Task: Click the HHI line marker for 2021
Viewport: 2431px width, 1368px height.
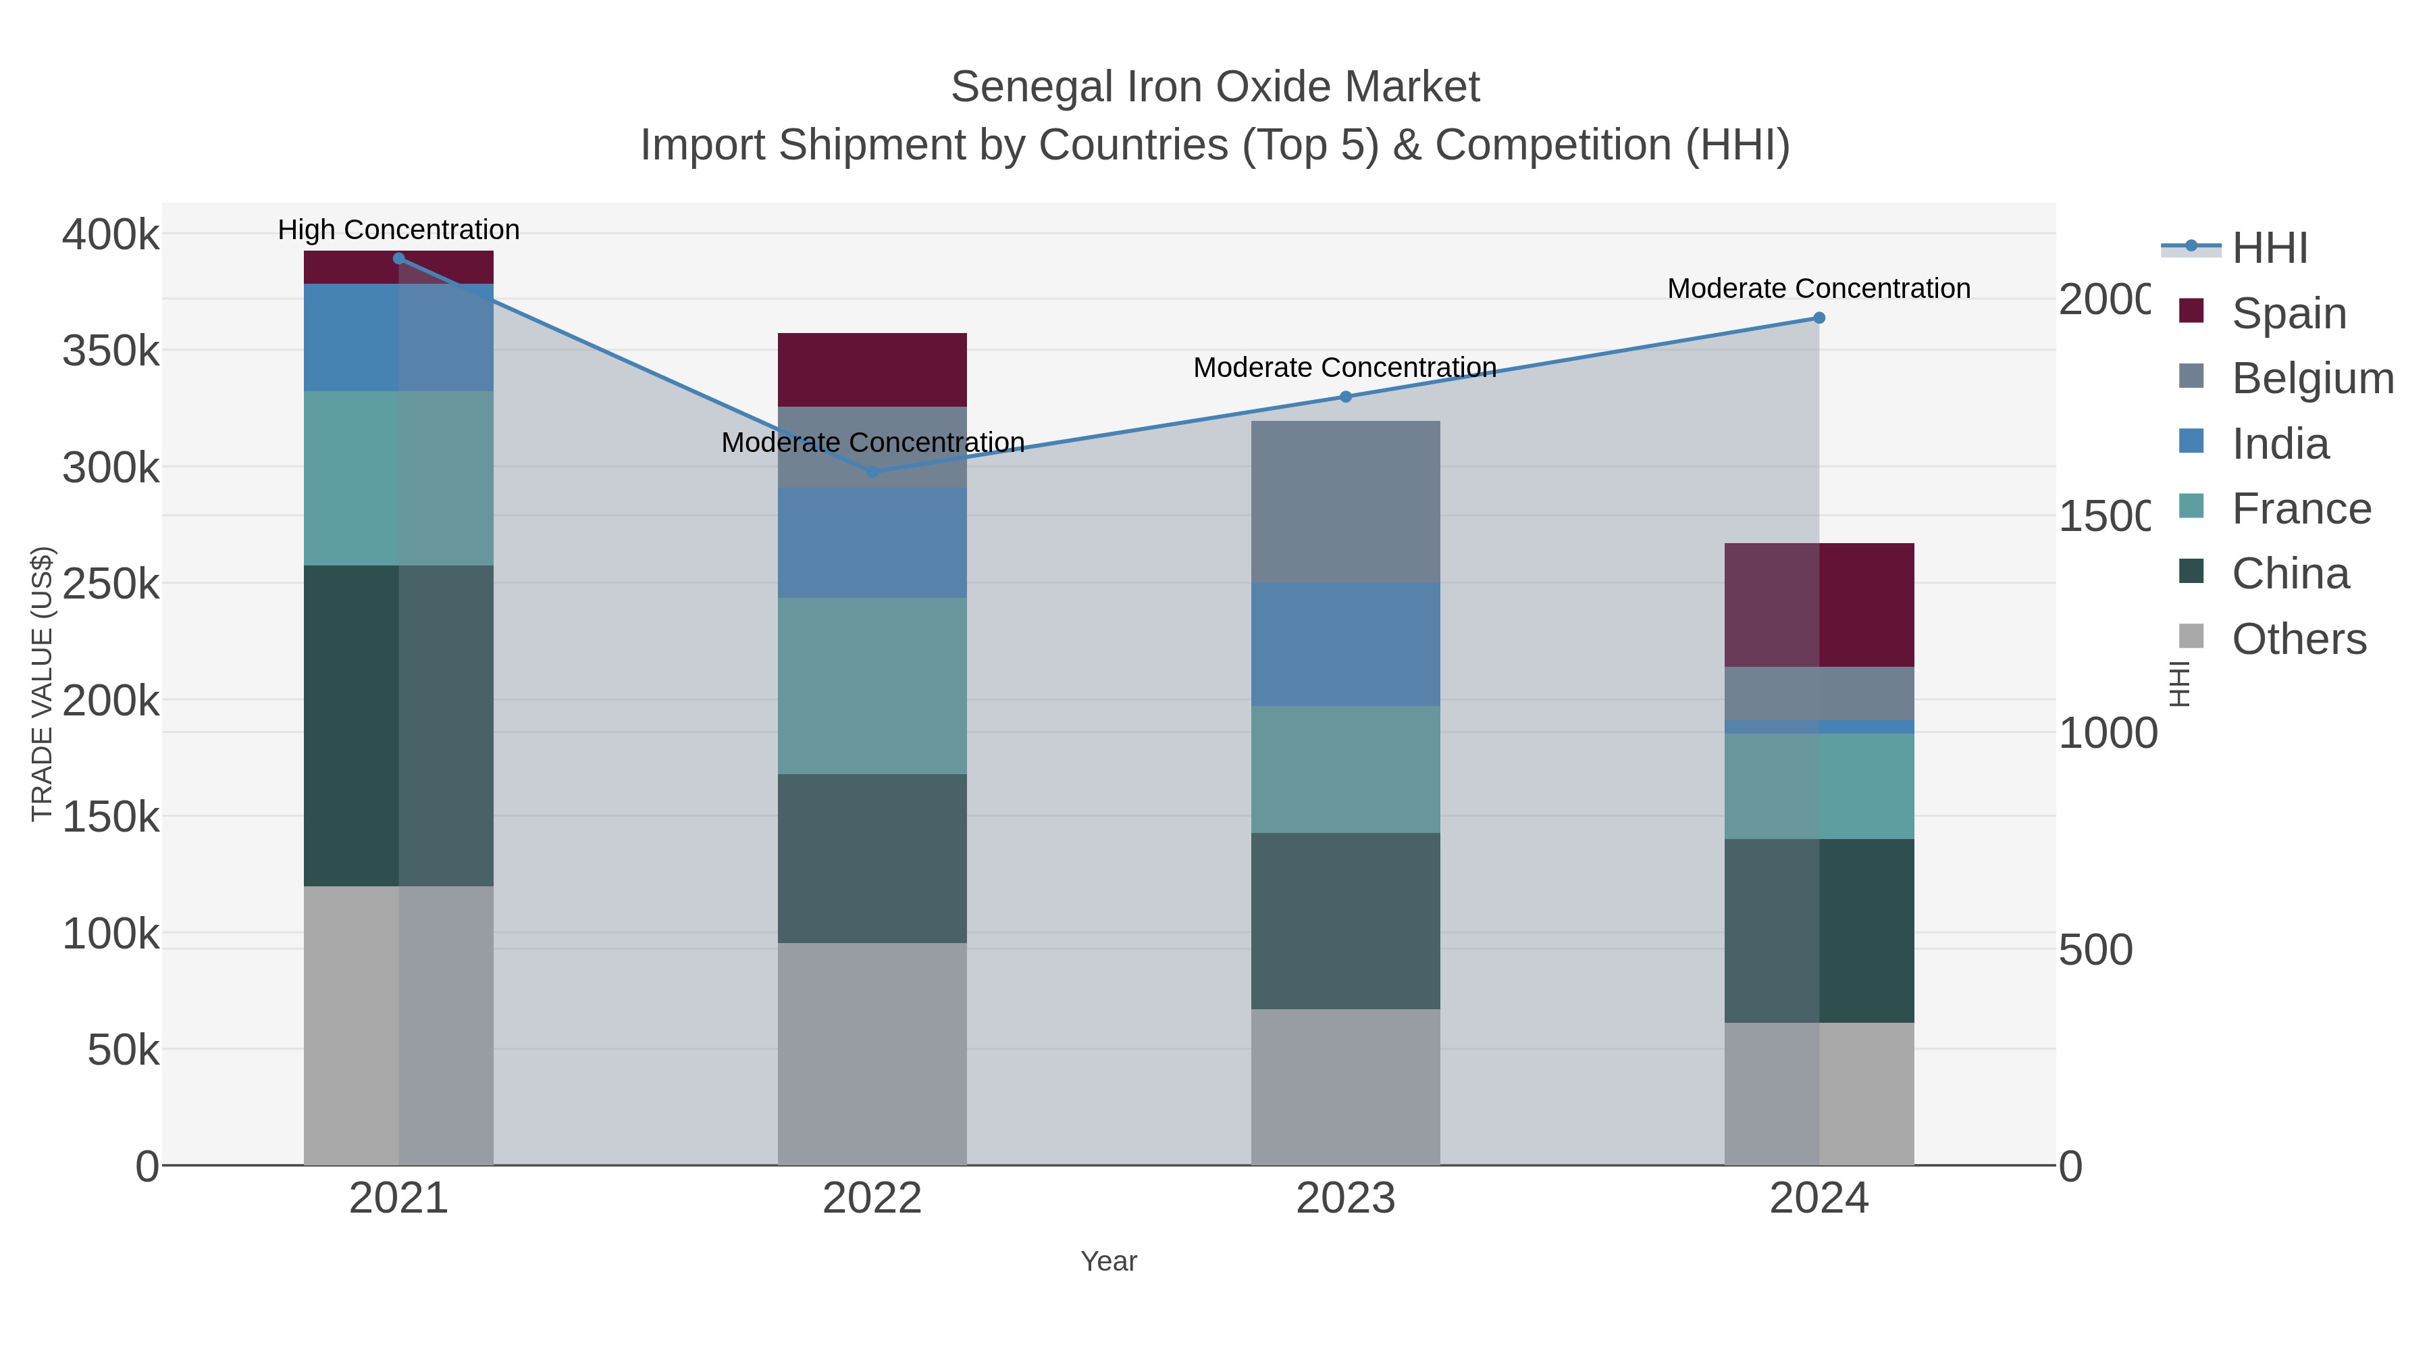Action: [398, 259]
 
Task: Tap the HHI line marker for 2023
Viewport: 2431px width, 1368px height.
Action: [1346, 397]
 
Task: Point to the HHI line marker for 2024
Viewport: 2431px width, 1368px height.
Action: [1819, 318]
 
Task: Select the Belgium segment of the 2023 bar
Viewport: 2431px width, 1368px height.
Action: [1346, 502]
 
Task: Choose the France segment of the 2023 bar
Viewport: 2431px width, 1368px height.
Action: [1346, 769]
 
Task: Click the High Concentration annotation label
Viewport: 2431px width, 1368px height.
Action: [398, 230]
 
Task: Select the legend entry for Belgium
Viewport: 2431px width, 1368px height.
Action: [2312, 378]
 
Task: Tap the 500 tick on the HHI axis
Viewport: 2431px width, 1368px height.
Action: [2095, 951]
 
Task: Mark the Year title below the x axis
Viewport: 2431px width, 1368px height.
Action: [1109, 1261]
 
